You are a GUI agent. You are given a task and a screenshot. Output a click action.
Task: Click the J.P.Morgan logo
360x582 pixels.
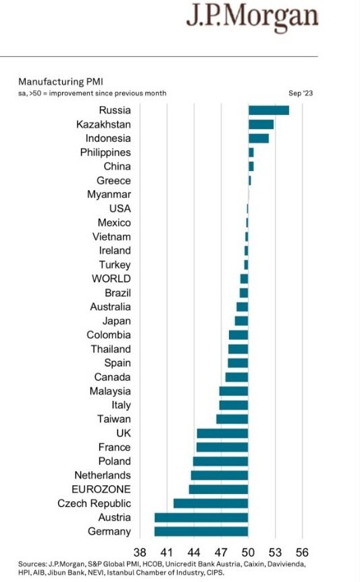tap(253, 17)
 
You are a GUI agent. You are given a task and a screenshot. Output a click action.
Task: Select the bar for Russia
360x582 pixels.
tap(269, 110)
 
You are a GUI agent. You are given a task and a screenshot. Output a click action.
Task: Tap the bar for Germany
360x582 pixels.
tap(201, 531)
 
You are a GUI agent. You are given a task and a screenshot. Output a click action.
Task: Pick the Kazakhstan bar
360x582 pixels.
tap(261, 124)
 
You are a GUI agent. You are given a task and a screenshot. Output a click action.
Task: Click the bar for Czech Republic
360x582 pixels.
tap(211, 504)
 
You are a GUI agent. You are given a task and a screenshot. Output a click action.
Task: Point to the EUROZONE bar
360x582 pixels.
tap(218, 489)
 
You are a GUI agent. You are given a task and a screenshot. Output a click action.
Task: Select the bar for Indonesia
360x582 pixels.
tap(259, 139)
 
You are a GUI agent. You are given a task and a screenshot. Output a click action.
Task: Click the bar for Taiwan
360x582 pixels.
tap(232, 419)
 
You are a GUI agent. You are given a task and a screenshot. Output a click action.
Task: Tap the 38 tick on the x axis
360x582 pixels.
tap(140, 552)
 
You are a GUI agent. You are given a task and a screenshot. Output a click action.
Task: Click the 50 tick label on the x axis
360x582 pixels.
tap(248, 552)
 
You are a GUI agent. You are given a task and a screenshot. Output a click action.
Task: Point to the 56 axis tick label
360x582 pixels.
tap(302, 552)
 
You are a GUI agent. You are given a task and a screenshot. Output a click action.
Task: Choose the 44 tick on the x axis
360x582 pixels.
tap(194, 552)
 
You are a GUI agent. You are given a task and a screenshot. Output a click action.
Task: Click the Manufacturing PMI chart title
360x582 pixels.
tap(61, 82)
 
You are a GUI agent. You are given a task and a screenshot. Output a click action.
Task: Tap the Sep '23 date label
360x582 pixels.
tap(301, 93)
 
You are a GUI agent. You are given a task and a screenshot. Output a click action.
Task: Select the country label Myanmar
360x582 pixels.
tap(109, 195)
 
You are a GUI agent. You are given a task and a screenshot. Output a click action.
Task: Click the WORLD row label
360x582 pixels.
tap(111, 278)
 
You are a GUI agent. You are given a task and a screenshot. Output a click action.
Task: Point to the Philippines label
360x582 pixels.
tap(105, 153)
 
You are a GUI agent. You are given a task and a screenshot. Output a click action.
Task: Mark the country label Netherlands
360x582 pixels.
tap(103, 475)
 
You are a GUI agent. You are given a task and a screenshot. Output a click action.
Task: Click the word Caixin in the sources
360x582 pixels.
tap(253, 564)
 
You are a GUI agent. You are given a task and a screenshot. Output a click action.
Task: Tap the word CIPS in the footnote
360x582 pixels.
tap(215, 573)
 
